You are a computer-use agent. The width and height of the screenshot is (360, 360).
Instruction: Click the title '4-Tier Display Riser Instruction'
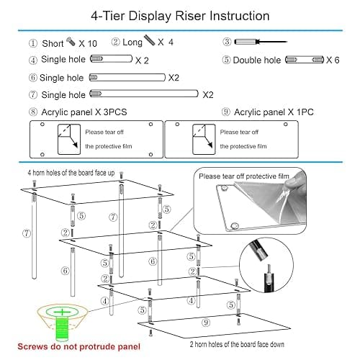coord(180,17)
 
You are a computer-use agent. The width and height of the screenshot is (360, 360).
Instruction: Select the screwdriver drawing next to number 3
coord(261,42)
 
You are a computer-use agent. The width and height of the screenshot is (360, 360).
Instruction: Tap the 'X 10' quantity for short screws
coord(88,44)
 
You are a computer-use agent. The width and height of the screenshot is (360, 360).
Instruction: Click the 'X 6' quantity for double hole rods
coord(333,60)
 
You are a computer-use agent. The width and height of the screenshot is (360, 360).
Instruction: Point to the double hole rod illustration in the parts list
coord(305,60)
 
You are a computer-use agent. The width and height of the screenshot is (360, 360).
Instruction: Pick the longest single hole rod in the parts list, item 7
coord(144,94)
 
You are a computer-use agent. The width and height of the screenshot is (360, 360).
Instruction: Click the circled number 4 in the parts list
coord(33,60)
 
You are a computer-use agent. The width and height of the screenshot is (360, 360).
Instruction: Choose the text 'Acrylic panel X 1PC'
coord(274,112)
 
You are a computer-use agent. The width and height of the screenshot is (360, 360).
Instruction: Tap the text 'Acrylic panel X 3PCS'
coord(84,112)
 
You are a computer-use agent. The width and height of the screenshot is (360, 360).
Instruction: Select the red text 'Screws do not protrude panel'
coord(79,346)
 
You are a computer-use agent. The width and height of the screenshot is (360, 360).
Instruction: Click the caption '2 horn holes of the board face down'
coord(237,344)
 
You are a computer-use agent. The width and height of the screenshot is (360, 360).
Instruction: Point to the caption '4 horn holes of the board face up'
coord(71,173)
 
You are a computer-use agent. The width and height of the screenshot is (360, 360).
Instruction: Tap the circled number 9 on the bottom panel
coord(206,323)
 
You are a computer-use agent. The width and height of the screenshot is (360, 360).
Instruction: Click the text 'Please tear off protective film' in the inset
coord(244,176)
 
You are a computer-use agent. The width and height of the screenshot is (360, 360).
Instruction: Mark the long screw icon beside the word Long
coord(150,40)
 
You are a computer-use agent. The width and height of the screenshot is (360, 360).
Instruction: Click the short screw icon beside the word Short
coord(71,42)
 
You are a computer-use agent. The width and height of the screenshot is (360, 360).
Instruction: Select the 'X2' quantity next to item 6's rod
coord(174,78)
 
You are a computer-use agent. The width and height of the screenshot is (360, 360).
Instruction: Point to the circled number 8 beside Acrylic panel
coord(33,112)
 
